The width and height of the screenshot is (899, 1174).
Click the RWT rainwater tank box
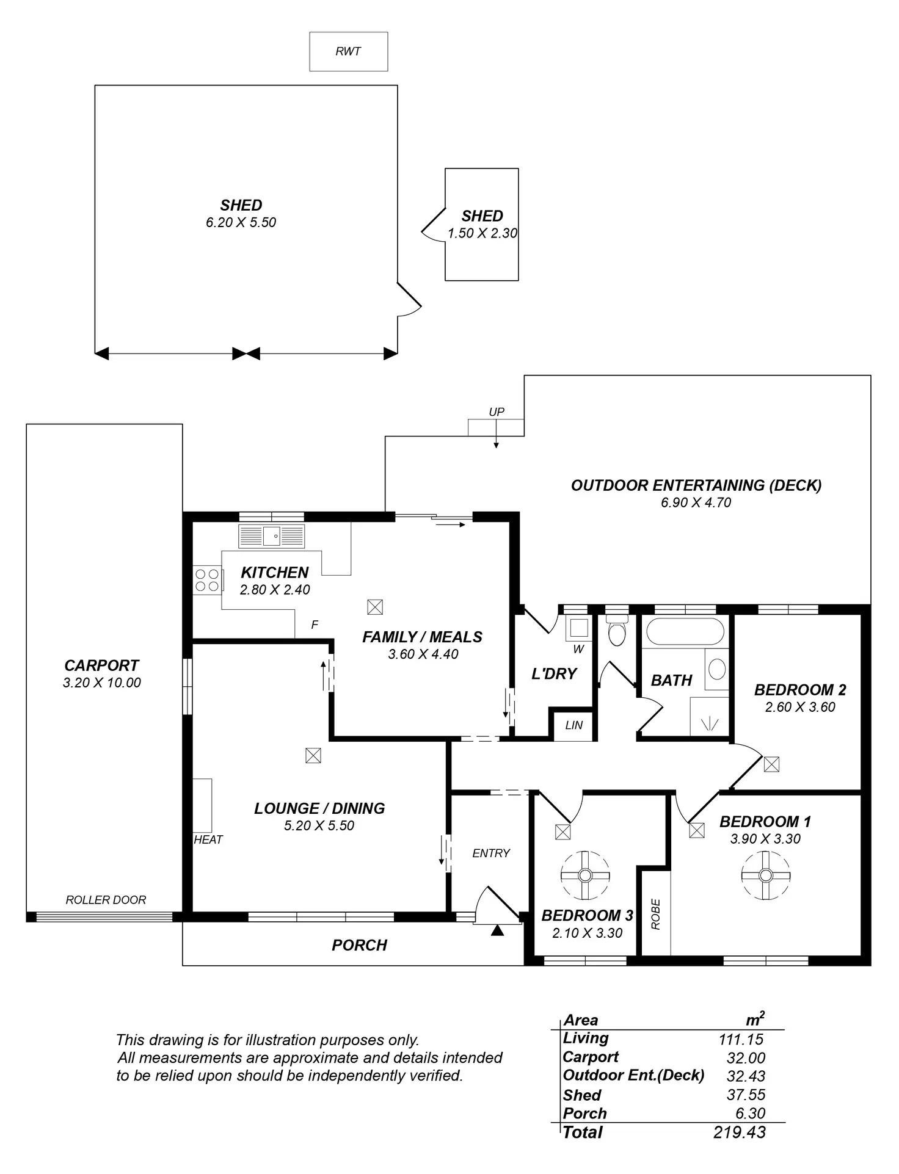(x=348, y=51)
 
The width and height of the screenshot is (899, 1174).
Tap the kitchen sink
(x=272, y=537)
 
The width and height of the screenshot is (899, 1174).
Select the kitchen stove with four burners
(x=206, y=580)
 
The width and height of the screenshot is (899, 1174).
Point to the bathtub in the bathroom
(x=685, y=631)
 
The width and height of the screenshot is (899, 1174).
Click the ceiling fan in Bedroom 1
(x=765, y=875)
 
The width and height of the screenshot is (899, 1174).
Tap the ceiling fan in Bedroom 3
(x=584, y=875)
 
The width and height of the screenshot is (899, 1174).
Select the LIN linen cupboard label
(x=573, y=725)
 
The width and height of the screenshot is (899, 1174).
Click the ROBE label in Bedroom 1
(x=656, y=914)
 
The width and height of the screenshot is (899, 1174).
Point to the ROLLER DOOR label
(x=106, y=900)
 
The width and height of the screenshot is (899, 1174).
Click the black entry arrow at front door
(x=498, y=930)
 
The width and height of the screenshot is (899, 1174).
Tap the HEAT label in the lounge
(x=208, y=839)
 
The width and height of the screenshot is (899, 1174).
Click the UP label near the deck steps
(x=497, y=412)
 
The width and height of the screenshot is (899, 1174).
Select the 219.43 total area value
(x=739, y=1132)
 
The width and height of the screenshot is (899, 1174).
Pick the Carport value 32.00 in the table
(x=745, y=1058)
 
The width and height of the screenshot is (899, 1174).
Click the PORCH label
(x=359, y=945)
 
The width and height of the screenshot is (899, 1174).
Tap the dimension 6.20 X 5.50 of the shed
(x=241, y=222)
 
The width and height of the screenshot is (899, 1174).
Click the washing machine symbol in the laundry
(x=578, y=628)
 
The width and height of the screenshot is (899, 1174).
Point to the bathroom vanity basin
(x=717, y=669)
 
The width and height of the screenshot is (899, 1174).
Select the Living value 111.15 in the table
(x=741, y=1038)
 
